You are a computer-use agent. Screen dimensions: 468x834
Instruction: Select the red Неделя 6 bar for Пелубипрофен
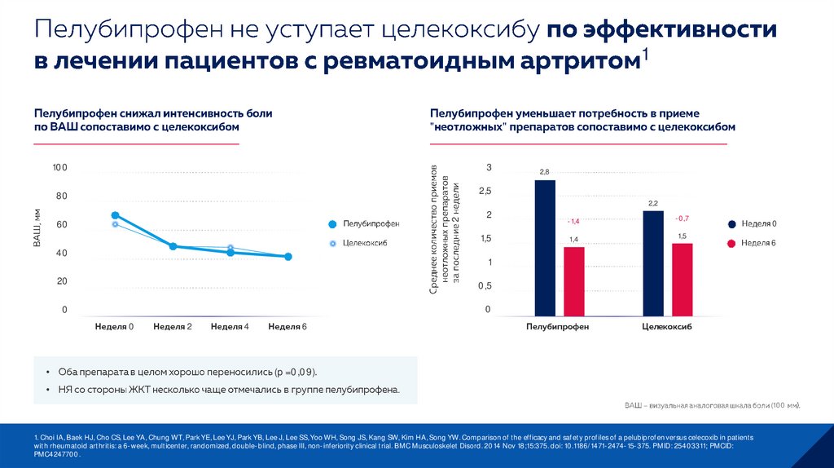coord(574,280)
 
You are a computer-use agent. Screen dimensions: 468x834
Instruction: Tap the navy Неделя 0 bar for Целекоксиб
coord(653,263)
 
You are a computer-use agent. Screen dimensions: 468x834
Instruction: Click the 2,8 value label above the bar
coord(544,171)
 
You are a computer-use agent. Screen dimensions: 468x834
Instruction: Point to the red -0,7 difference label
coord(682,219)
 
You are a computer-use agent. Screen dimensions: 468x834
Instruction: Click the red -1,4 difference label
coord(573,222)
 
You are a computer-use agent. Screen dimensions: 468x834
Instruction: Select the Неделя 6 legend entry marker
coord(731,243)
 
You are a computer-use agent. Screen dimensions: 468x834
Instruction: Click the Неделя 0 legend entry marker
coord(731,223)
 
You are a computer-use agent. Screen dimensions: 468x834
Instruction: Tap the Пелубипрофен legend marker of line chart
coord(331,223)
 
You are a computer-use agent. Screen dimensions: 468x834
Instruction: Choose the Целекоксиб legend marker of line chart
coord(331,244)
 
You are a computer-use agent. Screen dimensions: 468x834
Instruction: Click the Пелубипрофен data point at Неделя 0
coord(115,215)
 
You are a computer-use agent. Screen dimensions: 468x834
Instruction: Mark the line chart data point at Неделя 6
coord(288,257)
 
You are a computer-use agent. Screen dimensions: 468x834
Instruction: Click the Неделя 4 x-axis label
coord(230,327)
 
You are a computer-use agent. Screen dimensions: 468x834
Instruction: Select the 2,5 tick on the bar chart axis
coord(485,192)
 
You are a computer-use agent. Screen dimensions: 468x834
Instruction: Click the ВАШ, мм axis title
coord(37,228)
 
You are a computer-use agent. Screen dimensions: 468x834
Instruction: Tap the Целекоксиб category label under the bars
coord(667,326)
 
